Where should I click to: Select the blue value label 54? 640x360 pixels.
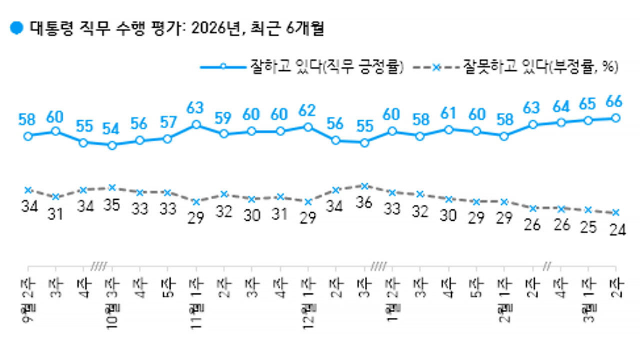click(x=111, y=129)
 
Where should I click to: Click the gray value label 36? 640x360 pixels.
click(x=365, y=204)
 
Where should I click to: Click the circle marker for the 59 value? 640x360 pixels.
click(x=223, y=133)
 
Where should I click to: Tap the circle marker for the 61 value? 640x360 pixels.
click(x=448, y=129)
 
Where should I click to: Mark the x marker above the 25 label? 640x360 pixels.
click(x=588, y=209)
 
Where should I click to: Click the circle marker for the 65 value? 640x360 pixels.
click(x=588, y=120)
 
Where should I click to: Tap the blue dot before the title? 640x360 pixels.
click(x=17, y=28)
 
